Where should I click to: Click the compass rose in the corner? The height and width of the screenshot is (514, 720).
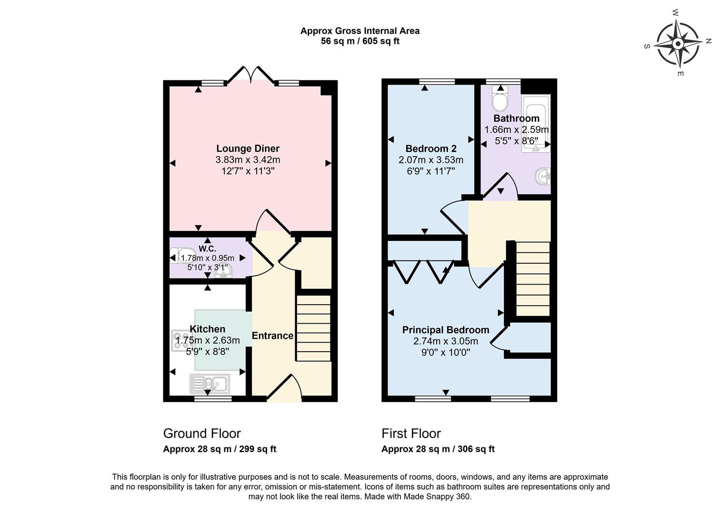[x=678, y=44]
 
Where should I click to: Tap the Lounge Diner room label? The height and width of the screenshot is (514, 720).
[x=248, y=148]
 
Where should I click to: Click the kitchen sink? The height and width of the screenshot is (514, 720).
[x=210, y=383]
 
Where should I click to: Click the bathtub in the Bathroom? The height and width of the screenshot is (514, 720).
[x=536, y=124]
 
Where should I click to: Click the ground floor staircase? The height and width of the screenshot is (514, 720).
[x=313, y=328]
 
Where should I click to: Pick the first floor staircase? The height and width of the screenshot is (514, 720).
[x=532, y=278]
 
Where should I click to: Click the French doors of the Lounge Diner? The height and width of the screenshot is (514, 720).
[x=252, y=76]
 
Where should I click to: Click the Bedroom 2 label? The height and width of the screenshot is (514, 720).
[x=427, y=148]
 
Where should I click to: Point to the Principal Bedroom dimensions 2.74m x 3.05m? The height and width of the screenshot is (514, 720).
[x=446, y=341]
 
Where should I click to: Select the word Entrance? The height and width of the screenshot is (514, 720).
[x=272, y=336]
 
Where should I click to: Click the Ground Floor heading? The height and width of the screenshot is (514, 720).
[x=202, y=434]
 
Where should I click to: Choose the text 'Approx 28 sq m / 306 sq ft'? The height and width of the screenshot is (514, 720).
[x=438, y=449]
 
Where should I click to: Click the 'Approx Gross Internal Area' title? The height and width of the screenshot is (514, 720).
[x=360, y=31]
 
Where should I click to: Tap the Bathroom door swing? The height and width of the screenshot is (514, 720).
[x=500, y=187]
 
